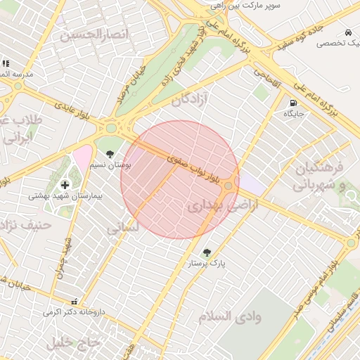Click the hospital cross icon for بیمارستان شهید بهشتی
point(65,185)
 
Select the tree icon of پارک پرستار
point(206,252)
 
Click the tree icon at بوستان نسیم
point(109,153)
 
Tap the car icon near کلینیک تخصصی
point(348,32)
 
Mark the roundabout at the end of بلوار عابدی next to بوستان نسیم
point(111,129)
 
